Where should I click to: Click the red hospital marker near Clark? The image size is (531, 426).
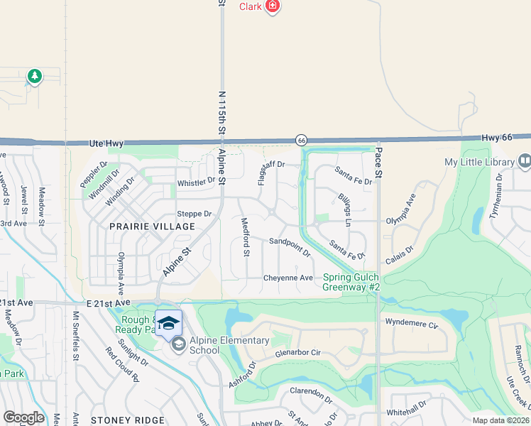[273, 6]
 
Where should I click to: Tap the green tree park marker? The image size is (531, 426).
[34, 75]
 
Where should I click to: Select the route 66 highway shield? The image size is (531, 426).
[302, 140]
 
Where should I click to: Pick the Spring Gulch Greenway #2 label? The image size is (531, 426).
[351, 282]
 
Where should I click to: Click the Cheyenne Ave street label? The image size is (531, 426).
[288, 278]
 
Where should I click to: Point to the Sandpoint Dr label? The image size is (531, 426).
[290, 246]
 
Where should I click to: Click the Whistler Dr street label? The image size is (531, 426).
[196, 180]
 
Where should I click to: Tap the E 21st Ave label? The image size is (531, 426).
[109, 302]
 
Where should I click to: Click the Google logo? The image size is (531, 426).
[23, 417]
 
